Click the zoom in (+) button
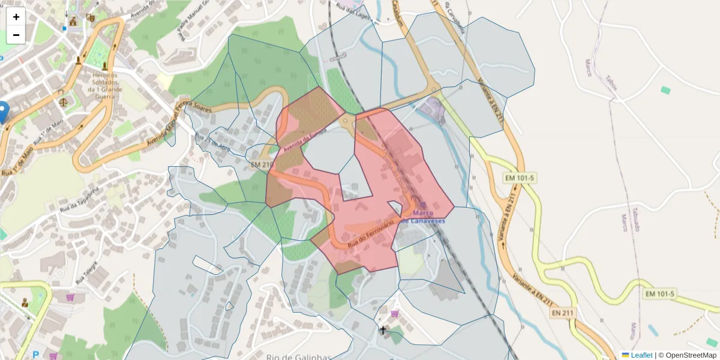[x=16, y=17]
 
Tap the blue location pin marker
[x=3, y=112]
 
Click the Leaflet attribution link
[x=641, y=355]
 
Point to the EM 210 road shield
[x=262, y=164]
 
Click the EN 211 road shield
[x=563, y=313]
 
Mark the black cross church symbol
[x=383, y=329]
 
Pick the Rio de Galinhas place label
[x=298, y=357]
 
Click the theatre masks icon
[x=90, y=19]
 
